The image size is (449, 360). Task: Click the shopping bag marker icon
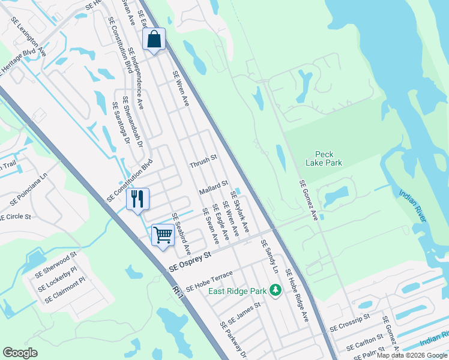pos(154,40)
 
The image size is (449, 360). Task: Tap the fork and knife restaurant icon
pos(137,199)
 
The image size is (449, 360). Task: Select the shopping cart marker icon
pos(163,235)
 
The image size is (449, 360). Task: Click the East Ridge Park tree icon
pos(276,291)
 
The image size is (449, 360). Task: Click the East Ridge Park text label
pos(237,291)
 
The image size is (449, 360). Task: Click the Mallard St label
pos(214,187)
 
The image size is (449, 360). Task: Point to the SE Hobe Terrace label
pos(209,280)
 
